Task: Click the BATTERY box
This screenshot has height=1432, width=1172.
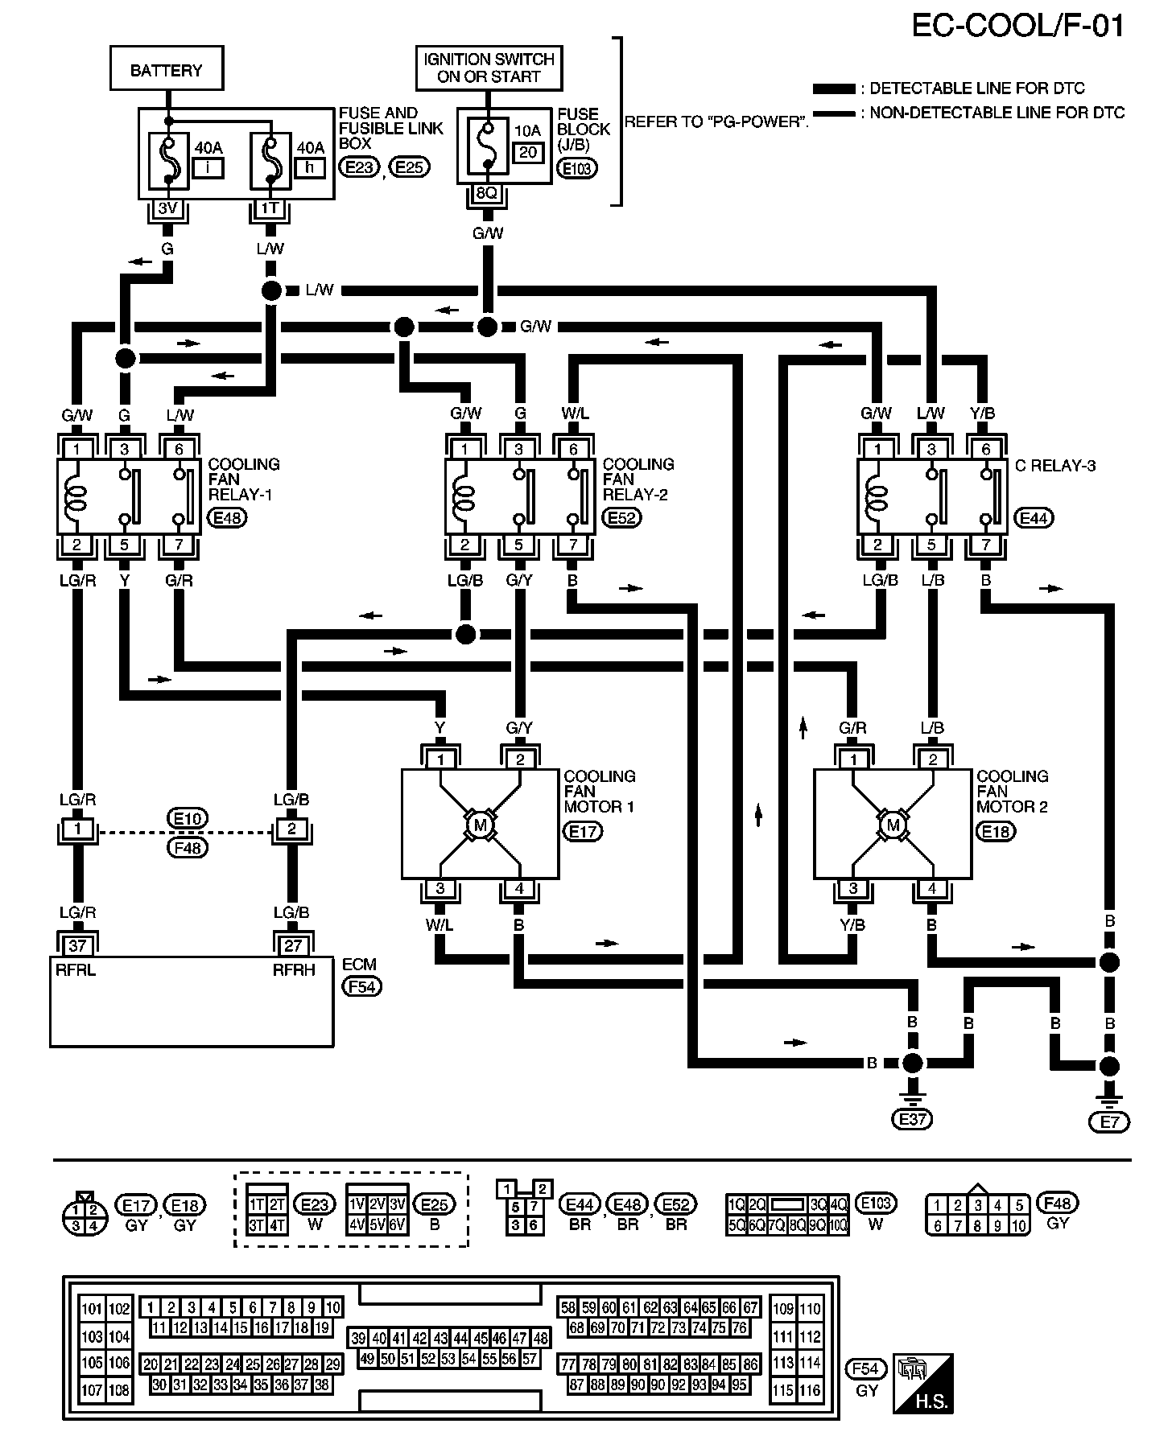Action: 166,69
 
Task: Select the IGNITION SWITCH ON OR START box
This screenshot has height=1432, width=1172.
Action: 489,68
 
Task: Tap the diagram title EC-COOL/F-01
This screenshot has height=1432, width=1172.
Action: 1017,26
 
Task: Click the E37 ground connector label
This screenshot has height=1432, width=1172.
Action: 912,1119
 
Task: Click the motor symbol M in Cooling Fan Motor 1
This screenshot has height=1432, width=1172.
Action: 481,825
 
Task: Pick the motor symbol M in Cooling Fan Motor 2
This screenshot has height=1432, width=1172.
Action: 893,825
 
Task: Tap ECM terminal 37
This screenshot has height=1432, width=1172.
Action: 77,944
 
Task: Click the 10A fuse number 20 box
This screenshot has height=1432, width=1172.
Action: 528,153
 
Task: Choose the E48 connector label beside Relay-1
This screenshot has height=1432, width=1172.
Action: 228,517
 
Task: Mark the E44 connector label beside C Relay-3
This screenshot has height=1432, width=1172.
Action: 1034,518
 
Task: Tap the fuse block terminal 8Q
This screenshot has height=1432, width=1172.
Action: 486,193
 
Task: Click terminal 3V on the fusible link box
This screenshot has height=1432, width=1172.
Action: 167,208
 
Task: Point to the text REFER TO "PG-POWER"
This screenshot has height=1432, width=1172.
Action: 716,122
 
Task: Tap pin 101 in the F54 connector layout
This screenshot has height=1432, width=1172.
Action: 93,1309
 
